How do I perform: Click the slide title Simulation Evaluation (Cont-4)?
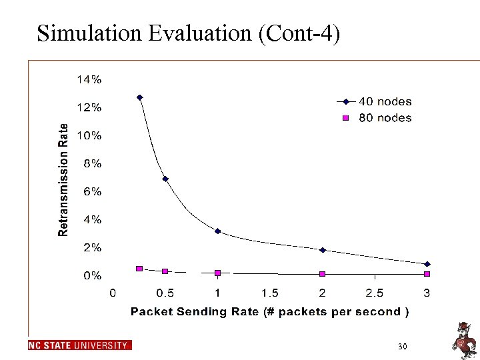coord(189,33)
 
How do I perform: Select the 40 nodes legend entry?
coord(385,101)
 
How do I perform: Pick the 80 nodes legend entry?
coord(385,118)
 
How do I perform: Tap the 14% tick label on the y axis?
coord(89,79)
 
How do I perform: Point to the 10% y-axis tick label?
coord(89,135)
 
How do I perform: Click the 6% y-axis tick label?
coord(92,191)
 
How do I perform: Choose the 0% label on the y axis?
coord(92,275)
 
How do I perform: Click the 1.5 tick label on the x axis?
coord(270,293)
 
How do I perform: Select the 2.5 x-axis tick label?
coord(375,293)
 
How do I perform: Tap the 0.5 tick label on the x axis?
coord(165,293)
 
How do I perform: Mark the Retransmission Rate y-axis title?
coord(63,180)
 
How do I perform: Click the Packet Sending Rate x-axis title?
coord(270,311)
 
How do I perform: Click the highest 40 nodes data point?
coord(140,97)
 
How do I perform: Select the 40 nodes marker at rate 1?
coord(217,231)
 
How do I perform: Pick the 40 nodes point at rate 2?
coord(322,250)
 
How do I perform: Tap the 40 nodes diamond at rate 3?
coord(427,264)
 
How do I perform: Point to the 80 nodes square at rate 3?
coord(427,273)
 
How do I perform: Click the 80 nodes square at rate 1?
coord(217,273)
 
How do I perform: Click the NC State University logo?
coord(80,345)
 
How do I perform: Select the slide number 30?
coord(402,347)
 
